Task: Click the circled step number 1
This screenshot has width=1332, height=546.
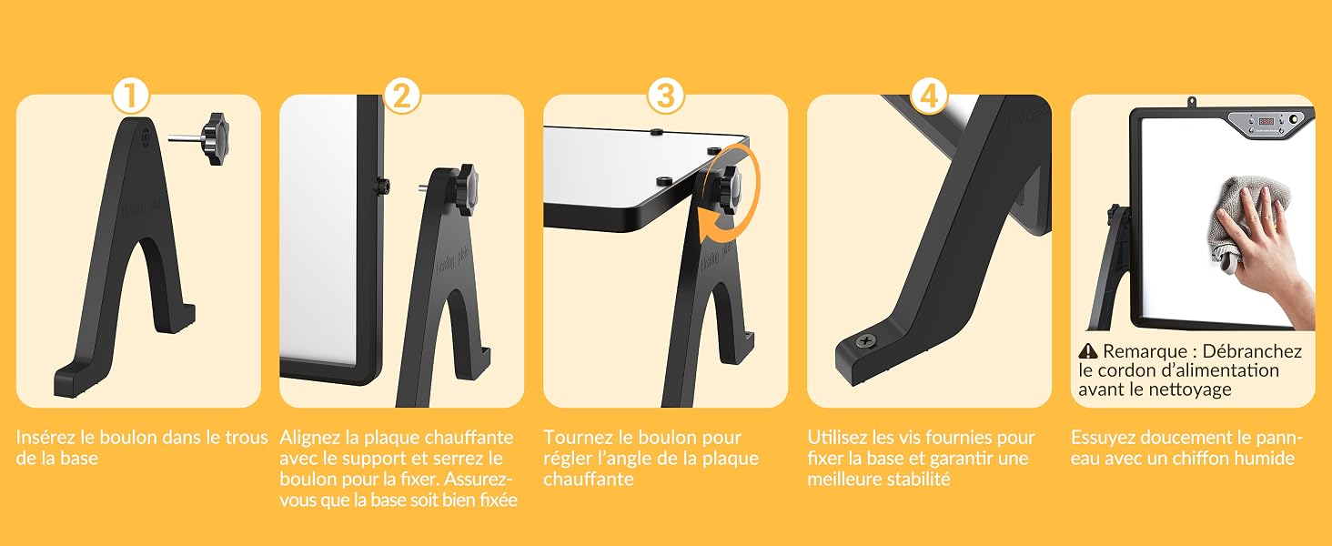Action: point(130,96)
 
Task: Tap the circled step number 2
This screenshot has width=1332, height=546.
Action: point(402,96)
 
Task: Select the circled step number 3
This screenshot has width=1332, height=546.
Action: point(665,96)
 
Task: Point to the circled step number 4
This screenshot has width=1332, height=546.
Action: point(929,96)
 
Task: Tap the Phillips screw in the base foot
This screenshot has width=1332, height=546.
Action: point(866,341)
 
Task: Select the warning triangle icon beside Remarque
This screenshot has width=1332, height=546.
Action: point(1087,351)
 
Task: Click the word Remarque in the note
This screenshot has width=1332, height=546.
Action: point(1136,351)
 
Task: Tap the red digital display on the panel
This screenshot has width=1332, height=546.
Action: point(1266,121)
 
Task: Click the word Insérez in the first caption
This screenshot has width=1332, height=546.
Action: point(45,438)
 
